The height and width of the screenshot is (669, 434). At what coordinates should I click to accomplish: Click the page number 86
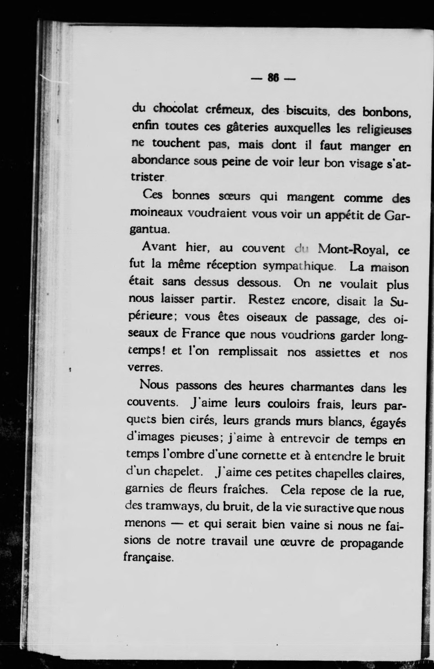coord(273,78)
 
